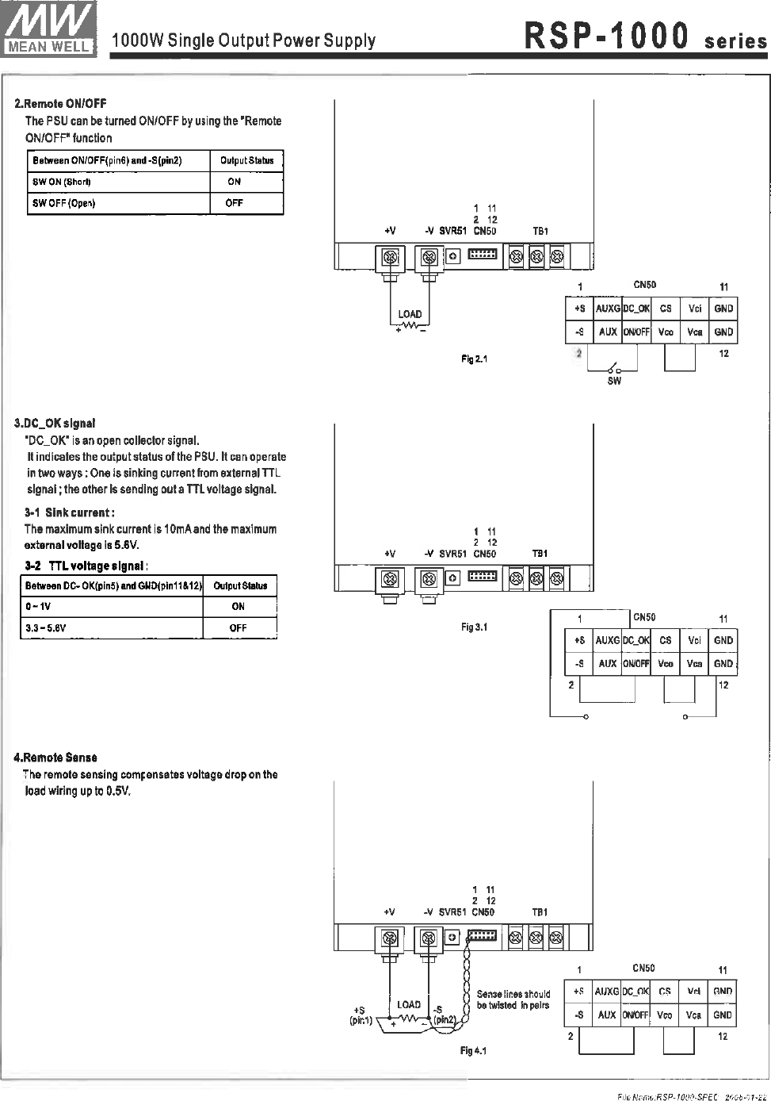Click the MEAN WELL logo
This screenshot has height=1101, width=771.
click(49, 28)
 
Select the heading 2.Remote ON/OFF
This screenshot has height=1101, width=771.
click(60, 103)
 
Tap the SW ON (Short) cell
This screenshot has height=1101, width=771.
click(62, 182)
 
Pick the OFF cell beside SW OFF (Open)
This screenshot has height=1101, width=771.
click(235, 203)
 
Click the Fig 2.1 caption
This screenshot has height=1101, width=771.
click(475, 359)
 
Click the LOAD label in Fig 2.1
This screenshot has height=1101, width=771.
click(410, 314)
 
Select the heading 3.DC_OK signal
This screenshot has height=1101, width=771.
click(55, 424)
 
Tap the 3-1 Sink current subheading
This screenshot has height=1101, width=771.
click(70, 512)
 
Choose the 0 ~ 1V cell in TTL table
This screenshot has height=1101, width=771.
click(39, 607)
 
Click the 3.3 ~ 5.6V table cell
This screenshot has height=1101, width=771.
click(46, 627)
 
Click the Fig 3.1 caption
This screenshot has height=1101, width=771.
click(475, 627)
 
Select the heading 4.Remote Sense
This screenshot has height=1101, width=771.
click(55, 758)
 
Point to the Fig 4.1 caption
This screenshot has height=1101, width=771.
click(474, 1051)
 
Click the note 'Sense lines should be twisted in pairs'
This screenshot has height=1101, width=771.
click(513, 999)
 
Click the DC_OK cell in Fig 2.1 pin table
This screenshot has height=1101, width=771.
click(636, 309)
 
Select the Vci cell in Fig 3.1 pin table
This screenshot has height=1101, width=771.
click(695, 640)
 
